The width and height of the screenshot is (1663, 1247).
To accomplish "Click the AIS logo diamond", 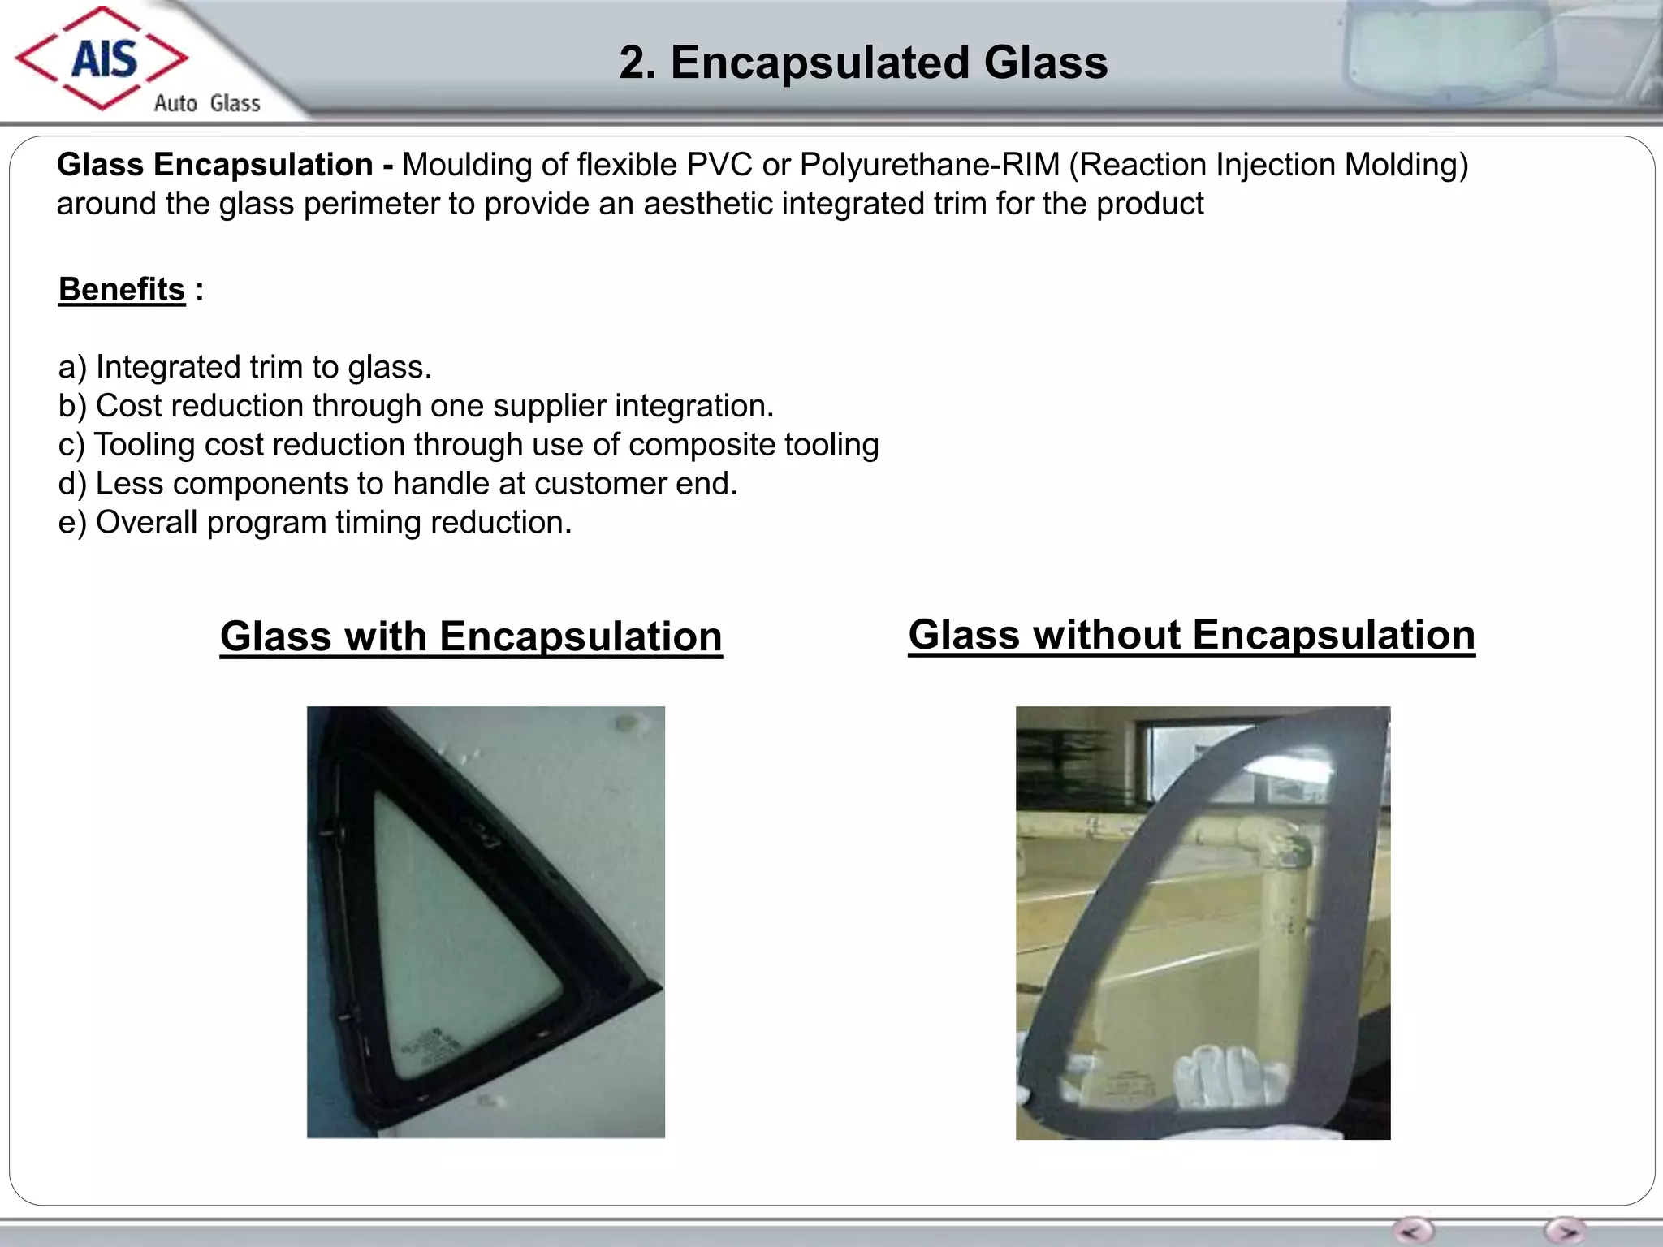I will point(102,58).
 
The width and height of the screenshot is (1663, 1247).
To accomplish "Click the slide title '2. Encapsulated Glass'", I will point(863,63).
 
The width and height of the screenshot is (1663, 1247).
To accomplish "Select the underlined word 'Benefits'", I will point(122,289).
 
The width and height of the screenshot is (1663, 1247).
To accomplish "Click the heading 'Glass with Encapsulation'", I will point(471,636).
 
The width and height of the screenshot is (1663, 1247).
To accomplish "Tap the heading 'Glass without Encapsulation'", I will point(1191,634).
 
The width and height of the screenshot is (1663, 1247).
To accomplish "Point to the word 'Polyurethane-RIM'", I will point(930,165).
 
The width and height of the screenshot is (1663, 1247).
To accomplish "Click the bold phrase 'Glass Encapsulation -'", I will point(225,165).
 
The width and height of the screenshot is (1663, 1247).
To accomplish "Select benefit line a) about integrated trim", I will point(245,367).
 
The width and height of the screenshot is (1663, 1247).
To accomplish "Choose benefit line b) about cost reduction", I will point(416,406).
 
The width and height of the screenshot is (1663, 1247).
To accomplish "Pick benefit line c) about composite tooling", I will point(469,445).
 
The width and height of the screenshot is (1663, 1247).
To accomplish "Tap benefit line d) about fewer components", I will point(398,484).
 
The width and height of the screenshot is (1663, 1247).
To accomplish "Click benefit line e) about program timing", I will point(315,522).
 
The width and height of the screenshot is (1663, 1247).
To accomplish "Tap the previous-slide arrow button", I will point(1413,1230).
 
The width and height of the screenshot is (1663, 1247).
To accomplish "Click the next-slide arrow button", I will point(1565,1230).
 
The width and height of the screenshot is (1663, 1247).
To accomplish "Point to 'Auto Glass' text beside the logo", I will point(207,103).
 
